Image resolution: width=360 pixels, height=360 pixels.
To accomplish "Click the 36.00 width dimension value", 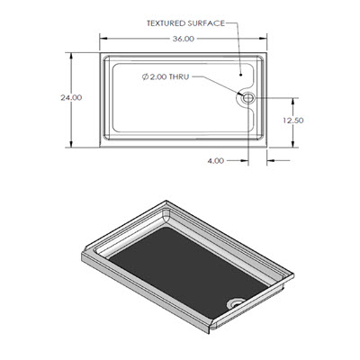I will pyautogui.click(x=183, y=40).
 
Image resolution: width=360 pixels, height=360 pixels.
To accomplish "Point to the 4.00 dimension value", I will pyautogui.click(x=215, y=161).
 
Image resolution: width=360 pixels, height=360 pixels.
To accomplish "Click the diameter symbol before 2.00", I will pyautogui.click(x=146, y=77).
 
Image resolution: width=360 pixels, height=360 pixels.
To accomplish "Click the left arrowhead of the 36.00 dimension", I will pyautogui.click(x=101, y=40).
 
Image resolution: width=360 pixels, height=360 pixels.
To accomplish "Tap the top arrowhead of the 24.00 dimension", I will pyautogui.click(x=72, y=54).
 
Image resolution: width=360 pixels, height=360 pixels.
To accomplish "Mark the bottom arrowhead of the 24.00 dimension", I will pyautogui.click(x=72, y=145).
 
